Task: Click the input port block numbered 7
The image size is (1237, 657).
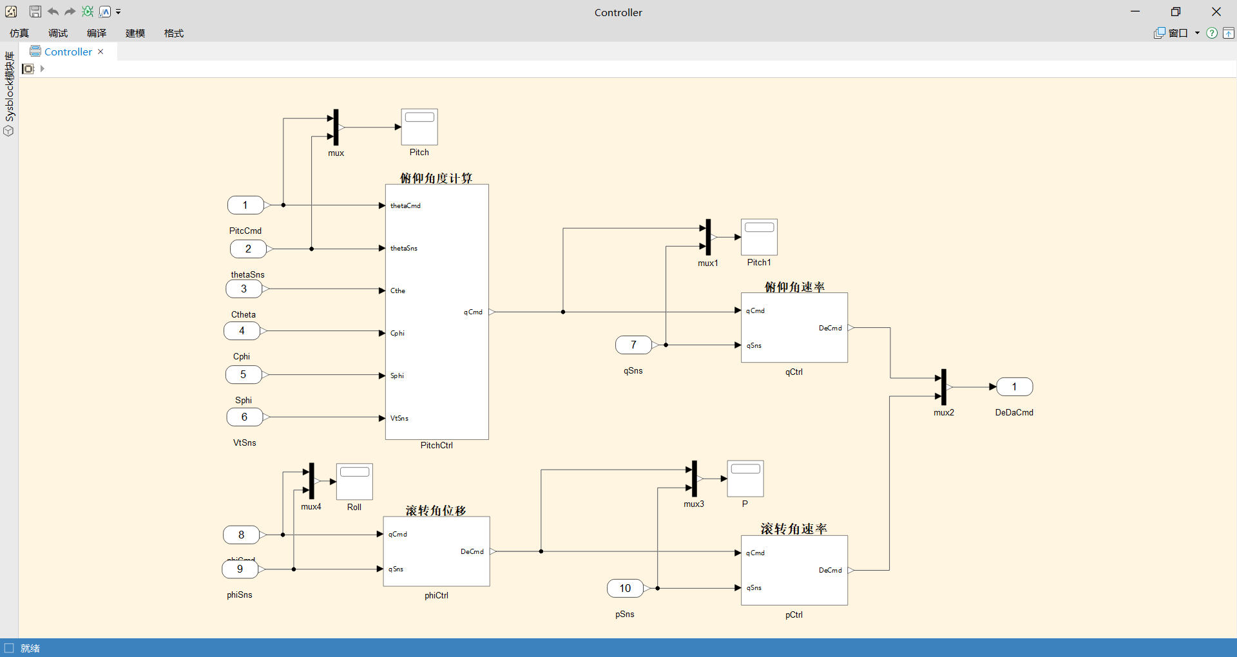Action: pos(633,345)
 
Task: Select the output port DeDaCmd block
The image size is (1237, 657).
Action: pos(1014,387)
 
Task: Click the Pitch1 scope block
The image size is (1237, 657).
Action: pos(759,237)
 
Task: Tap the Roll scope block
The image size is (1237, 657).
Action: pos(354,481)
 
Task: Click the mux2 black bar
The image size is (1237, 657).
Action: pos(944,386)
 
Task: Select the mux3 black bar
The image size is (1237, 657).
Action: pos(694,479)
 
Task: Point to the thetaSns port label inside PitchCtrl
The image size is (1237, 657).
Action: pos(404,249)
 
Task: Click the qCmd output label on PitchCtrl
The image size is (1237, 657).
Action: pos(473,312)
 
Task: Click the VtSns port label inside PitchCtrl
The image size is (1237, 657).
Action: pos(399,419)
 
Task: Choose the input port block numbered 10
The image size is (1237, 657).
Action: pos(625,588)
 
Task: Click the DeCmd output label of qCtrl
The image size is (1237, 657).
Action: pos(830,328)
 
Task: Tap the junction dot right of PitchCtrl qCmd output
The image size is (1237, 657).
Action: pos(563,312)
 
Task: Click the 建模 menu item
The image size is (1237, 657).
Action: pos(135,33)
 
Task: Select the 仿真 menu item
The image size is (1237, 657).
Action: pos(19,33)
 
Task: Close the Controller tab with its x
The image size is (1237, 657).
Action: pos(101,52)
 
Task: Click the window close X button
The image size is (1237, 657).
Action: pos(1216,12)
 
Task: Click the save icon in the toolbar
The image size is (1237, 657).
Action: pos(35,12)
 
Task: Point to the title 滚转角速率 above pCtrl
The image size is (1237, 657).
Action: pos(794,529)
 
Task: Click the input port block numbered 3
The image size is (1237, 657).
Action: pos(244,289)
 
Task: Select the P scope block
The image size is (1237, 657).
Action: pos(745,479)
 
